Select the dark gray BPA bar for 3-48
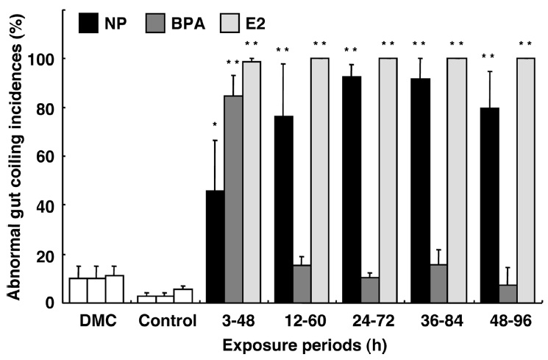point(233,199)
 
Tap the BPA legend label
point(185,23)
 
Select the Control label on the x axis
point(167,322)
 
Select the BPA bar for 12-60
point(301,283)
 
